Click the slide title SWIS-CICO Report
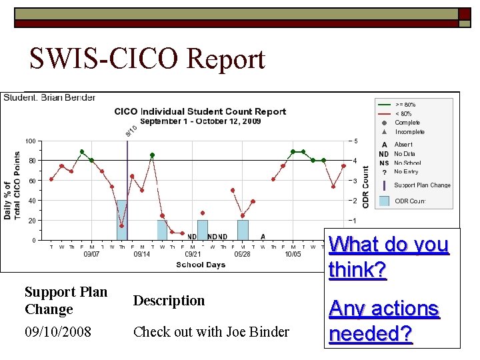(x=147, y=59)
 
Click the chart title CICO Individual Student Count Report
(x=200, y=111)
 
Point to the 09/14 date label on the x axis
(x=141, y=254)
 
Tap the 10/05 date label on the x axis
(x=293, y=254)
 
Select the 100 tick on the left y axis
(x=31, y=141)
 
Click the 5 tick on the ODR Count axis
(x=355, y=141)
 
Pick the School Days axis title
(x=201, y=265)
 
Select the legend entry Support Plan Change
(x=422, y=185)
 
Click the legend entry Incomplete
(x=409, y=132)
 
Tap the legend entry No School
(x=407, y=163)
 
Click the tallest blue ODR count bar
(x=122, y=220)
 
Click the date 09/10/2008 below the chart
(x=59, y=331)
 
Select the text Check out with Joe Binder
(x=211, y=331)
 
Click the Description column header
(x=169, y=301)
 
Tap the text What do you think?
(x=388, y=257)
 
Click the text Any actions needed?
(x=384, y=321)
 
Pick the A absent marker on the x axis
(x=263, y=237)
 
